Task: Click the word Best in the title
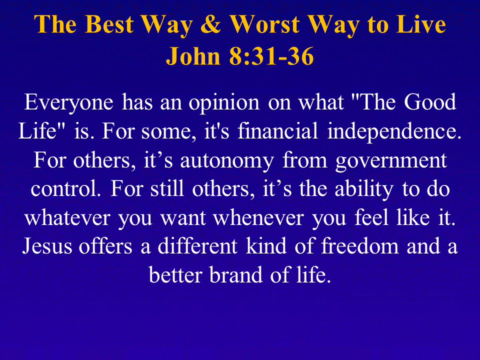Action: click(x=109, y=24)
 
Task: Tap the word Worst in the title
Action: click(x=264, y=24)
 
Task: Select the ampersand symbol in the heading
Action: click(x=210, y=24)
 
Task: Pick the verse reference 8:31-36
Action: click(x=271, y=56)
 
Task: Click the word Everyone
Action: click(x=68, y=102)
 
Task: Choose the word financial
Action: click(x=277, y=130)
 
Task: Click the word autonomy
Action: click(x=226, y=160)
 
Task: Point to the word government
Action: click(x=391, y=160)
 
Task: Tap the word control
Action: click(x=65, y=188)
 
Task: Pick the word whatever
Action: click(x=67, y=217)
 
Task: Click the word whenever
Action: click(x=258, y=217)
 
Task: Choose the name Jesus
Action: click(x=47, y=246)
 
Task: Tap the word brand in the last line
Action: click(x=235, y=274)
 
